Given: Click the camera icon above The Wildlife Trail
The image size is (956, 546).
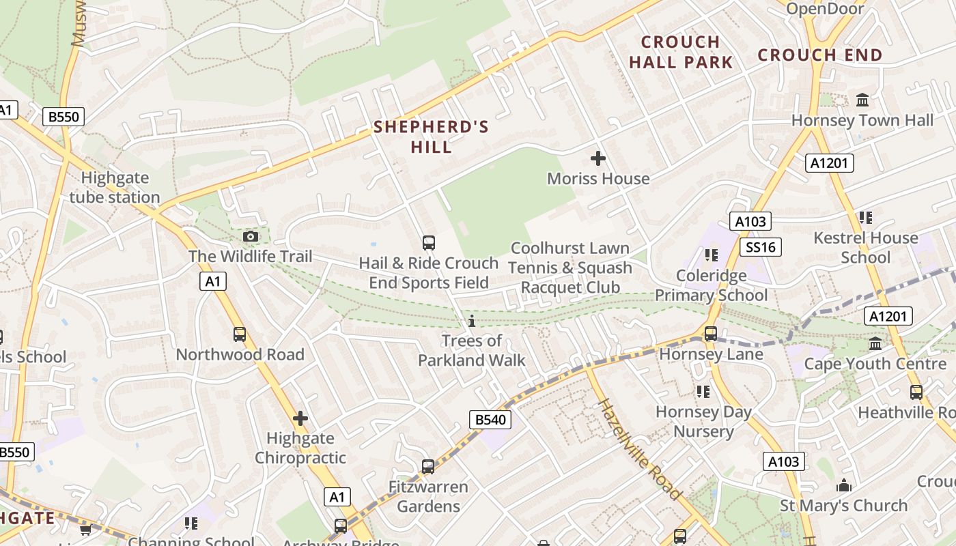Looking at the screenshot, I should point(251,236).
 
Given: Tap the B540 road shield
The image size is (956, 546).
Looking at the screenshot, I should point(490,419).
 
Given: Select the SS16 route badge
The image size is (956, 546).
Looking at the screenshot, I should point(761,246).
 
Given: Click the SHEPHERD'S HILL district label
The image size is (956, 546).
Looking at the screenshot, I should point(431,136).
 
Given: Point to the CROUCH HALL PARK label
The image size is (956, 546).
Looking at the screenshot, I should point(681,52).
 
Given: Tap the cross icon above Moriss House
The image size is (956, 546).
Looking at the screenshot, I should point(598,158).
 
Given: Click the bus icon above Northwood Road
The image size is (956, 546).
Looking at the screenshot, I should point(240,334).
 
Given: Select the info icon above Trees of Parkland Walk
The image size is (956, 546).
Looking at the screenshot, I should point(471,321).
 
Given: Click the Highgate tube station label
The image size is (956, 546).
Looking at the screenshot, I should point(115,188).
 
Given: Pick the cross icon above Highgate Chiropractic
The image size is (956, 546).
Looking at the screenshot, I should point(300,418).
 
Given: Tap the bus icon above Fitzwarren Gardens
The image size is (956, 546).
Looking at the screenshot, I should point(428,467).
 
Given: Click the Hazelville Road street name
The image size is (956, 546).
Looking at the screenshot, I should point(640,449).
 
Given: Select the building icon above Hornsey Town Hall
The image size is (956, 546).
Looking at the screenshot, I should point(862,100).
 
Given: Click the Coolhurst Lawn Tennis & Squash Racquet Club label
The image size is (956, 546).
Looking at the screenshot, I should point(570,268).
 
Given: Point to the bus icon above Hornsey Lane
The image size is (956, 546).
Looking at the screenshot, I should point(711,334).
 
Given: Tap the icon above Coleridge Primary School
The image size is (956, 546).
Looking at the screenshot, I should point(712,255).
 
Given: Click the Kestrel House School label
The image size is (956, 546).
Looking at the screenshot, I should point(866,247).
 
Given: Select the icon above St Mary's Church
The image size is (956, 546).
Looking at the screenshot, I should point(844,485).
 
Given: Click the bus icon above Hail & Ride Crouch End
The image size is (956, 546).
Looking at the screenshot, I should point(429,242).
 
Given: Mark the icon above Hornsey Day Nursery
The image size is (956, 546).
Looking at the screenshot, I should point(703,392).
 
